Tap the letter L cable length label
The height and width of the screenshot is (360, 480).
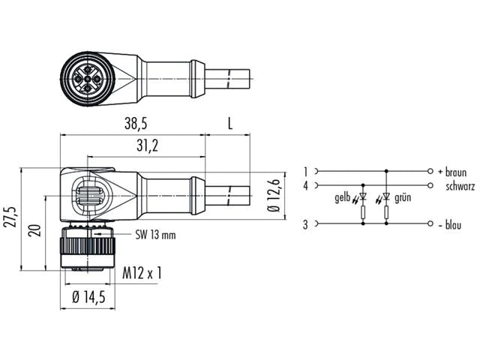coord(229,124)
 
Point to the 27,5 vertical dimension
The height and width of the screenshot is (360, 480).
coord(9,218)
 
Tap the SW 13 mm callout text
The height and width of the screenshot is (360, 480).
coord(155,235)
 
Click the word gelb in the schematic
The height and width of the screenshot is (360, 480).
coord(343,199)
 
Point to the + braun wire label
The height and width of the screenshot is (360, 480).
coord(451,172)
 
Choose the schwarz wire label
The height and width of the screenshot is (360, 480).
coord(459,185)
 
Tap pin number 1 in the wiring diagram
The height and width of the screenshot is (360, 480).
coord(306,172)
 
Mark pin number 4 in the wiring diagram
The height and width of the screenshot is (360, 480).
coord(306,185)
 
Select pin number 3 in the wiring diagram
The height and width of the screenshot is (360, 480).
coord(306,224)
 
